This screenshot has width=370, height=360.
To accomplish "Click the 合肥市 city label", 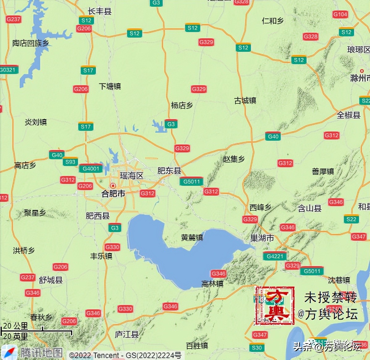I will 113,194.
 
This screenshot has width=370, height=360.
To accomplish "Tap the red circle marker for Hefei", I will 113,186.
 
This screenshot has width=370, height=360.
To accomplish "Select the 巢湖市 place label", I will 262,238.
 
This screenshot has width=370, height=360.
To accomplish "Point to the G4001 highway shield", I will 91,169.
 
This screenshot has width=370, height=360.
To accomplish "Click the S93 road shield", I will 70,162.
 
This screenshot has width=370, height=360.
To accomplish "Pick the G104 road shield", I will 340,14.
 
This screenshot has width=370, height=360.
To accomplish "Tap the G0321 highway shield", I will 8,70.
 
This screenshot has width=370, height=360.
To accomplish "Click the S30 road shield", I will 257,348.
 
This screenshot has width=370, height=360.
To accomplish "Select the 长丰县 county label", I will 99,11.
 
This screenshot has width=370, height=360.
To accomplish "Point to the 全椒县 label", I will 348,115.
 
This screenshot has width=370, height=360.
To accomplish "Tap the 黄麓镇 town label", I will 192,237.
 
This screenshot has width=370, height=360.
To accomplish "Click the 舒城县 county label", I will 51,280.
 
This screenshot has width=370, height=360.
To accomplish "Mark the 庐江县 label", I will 127,334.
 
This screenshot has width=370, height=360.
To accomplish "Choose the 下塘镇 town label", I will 110,86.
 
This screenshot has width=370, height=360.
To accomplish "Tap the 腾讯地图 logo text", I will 41,353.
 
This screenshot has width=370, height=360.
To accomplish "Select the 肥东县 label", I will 169,170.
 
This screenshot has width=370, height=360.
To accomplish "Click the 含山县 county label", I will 310,208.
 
